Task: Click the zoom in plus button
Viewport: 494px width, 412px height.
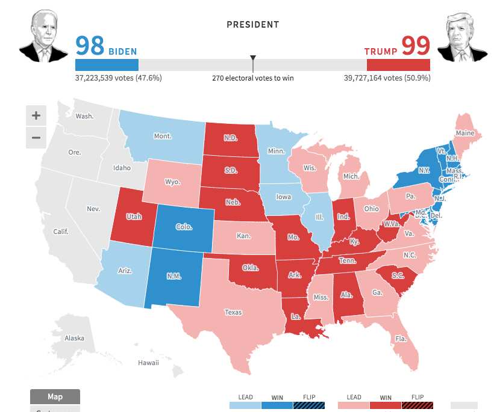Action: coord(36,115)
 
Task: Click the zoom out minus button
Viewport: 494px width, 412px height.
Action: coord(36,138)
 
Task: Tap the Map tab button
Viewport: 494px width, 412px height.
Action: coord(55,397)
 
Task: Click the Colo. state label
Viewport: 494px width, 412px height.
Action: coord(184,227)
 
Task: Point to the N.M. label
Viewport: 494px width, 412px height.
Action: coord(175,277)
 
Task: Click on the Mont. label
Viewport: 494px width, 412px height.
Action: coord(163,136)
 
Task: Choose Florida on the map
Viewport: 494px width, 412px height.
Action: coord(401,339)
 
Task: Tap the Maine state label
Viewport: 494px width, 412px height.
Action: coord(464,133)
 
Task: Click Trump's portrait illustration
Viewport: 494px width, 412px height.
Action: coord(461,37)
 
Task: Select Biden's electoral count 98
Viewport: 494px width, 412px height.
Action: coord(90,46)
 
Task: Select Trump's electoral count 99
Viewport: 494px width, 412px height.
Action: coord(415,46)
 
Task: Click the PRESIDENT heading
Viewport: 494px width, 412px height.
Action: coord(252,25)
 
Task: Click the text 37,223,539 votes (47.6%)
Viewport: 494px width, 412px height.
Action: coord(118,78)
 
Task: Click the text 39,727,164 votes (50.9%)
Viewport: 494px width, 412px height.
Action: coord(387,78)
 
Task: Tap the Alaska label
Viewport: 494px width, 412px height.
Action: coord(75,338)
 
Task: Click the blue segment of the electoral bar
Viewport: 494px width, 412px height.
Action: coord(107,65)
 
